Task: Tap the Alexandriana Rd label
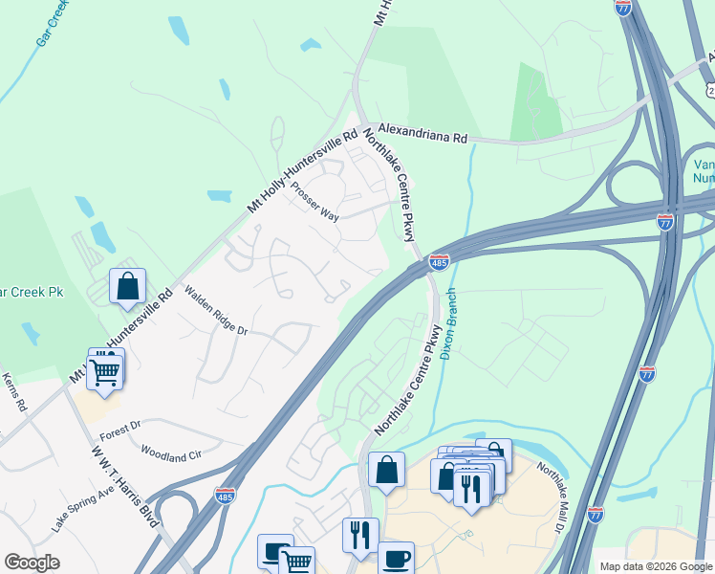(422, 132)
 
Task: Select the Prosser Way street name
(315, 202)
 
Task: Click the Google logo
(32, 563)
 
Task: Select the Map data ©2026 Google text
(656, 566)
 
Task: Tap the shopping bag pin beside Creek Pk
(127, 285)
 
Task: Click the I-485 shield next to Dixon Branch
(439, 261)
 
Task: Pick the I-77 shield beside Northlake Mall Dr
(596, 515)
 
